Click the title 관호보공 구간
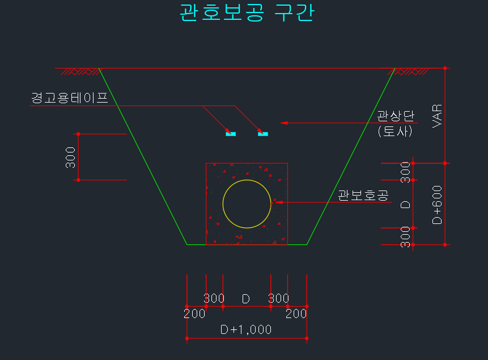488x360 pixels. click(x=247, y=13)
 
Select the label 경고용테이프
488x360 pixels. click(x=69, y=98)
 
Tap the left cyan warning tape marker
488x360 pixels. click(x=231, y=134)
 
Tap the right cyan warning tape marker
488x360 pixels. click(x=263, y=134)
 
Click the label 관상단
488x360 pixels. click(x=396, y=116)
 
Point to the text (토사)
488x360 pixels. click(x=395, y=131)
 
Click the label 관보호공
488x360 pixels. click(x=363, y=195)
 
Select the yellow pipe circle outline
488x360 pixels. click(x=247, y=204)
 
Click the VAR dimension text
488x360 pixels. click(x=437, y=116)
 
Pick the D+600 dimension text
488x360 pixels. click(x=437, y=205)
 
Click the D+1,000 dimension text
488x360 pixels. click(x=246, y=329)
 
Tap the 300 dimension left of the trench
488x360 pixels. click(x=70, y=157)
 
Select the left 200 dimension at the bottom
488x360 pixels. click(x=194, y=314)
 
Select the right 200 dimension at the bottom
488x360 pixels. click(x=296, y=314)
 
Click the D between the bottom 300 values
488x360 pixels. click(x=246, y=299)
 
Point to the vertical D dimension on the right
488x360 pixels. click(x=405, y=205)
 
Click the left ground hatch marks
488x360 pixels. click(x=81, y=71)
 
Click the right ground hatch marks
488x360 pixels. click(x=408, y=71)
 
